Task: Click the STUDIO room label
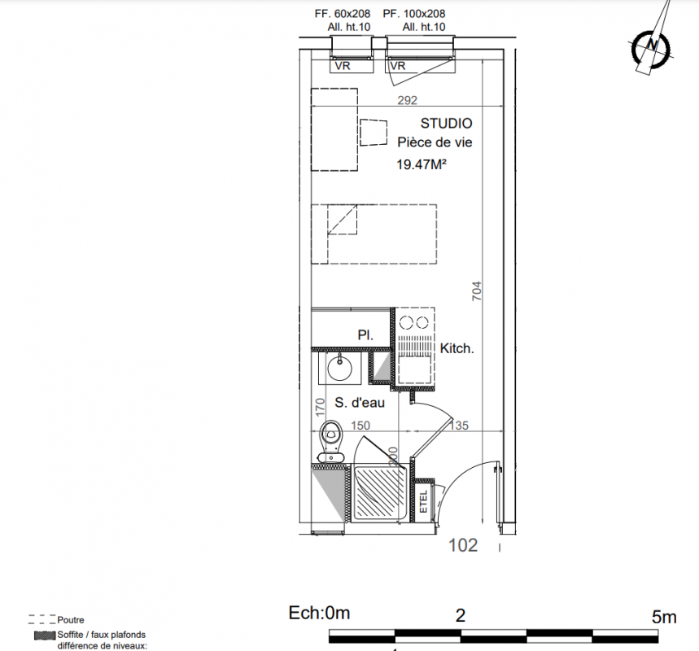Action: point(446,123)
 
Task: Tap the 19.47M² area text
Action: point(422,164)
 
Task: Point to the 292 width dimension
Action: point(407,100)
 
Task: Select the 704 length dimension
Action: point(477,291)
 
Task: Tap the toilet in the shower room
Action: point(330,441)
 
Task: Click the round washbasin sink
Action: point(339,369)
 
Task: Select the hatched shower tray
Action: point(379,492)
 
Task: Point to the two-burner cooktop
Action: point(414,322)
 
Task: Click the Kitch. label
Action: point(457,348)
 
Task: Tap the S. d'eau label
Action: point(360,403)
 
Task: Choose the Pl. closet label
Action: point(365,335)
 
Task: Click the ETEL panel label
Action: point(423,501)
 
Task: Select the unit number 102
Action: point(463,545)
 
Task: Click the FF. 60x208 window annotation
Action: point(343,14)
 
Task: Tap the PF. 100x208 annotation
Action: point(414,14)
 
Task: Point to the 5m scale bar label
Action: point(664,617)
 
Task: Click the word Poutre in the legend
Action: point(71,620)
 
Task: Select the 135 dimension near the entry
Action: point(459,426)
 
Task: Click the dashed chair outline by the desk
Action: point(374,133)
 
